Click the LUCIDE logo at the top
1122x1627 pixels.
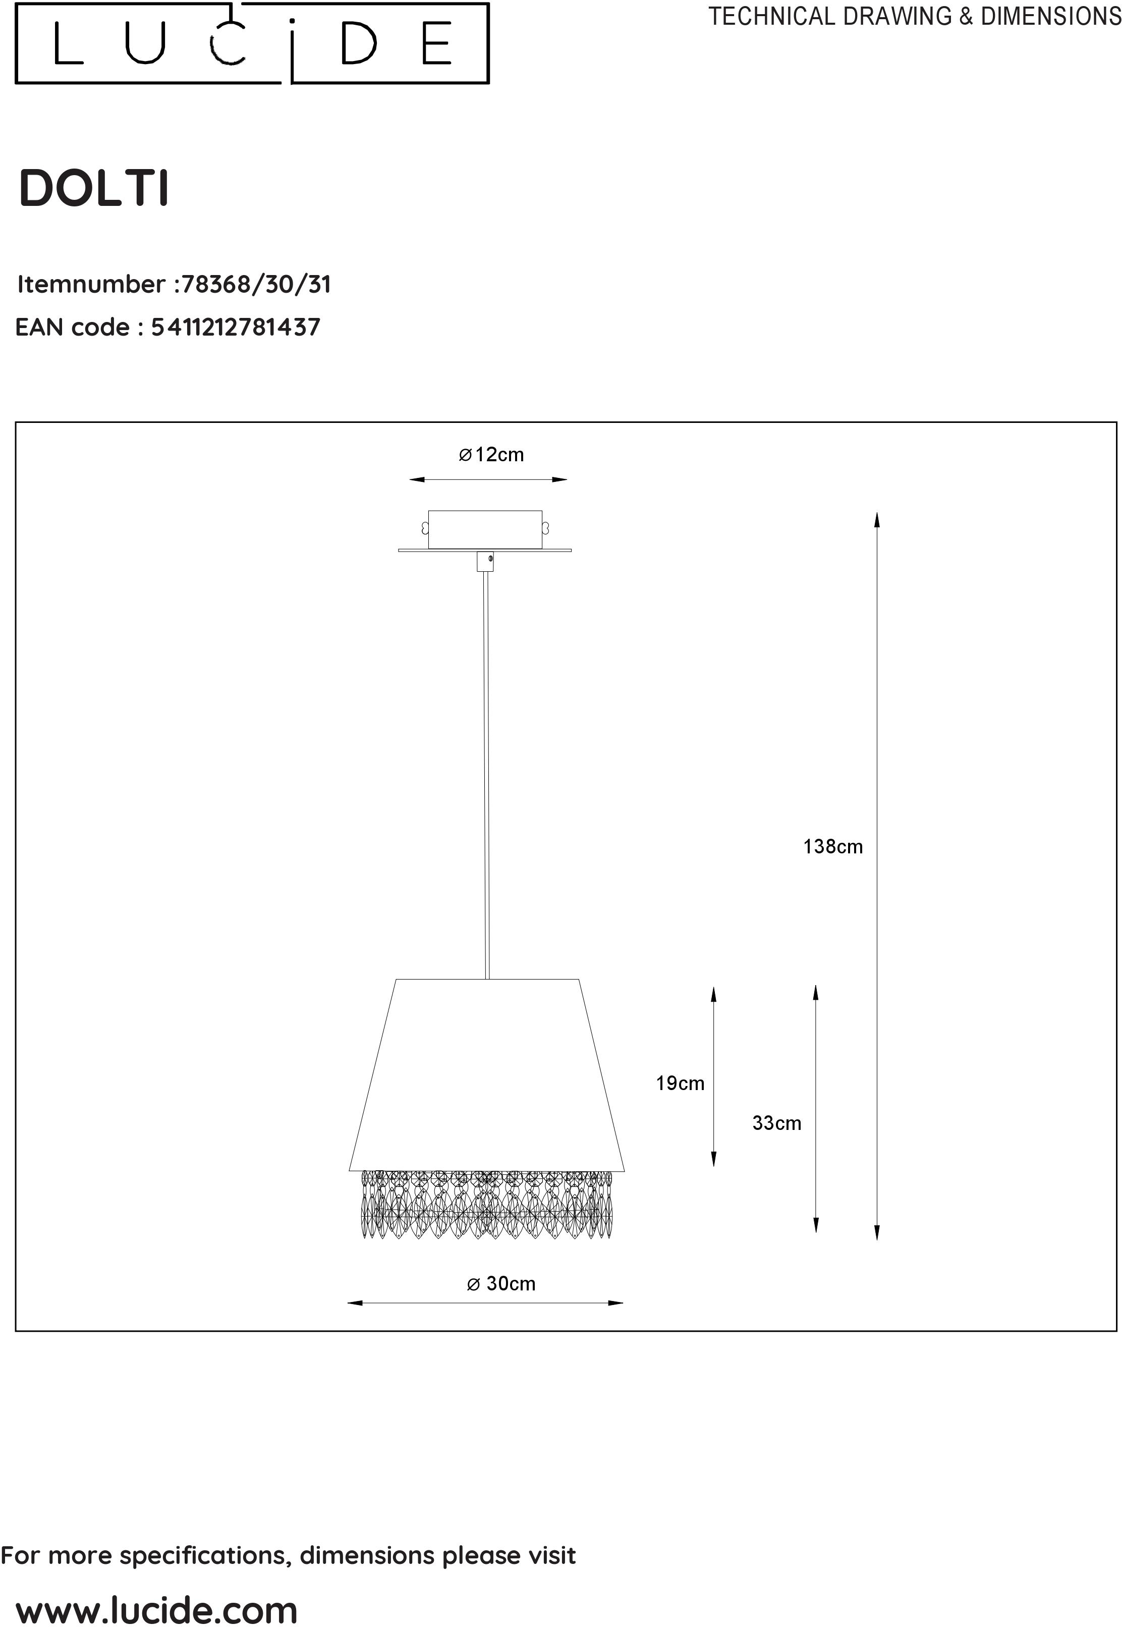[x=252, y=43]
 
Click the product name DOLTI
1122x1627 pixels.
[x=94, y=188]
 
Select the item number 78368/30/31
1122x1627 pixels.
[x=256, y=284]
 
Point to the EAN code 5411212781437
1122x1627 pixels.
[x=236, y=327]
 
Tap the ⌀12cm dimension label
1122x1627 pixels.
[x=491, y=455]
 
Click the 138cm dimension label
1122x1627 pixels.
[x=833, y=846]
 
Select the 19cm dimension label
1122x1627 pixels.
[x=680, y=1083]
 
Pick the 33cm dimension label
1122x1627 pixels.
[x=777, y=1123]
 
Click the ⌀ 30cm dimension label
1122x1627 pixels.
[x=501, y=1284]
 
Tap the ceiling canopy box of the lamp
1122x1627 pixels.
[x=485, y=529]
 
